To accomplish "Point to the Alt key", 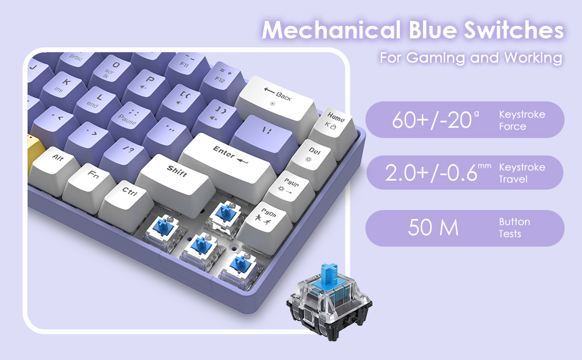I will pyautogui.click(x=57, y=159).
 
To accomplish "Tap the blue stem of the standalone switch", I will pyautogui.click(x=327, y=274).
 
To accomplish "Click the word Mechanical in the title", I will pyautogui.click(x=331, y=30).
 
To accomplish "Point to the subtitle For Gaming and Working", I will pyautogui.click(x=470, y=58).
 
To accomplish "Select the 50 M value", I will pyautogui.click(x=433, y=228).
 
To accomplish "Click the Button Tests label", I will pyautogui.click(x=514, y=228).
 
